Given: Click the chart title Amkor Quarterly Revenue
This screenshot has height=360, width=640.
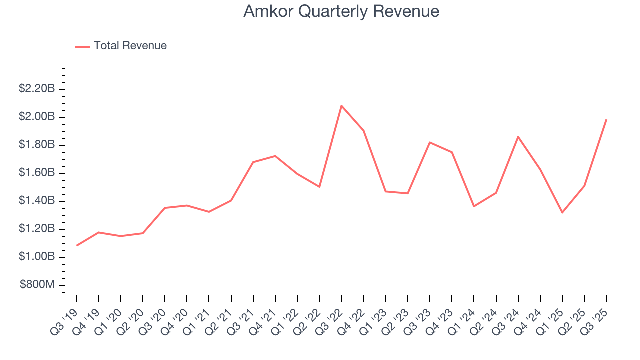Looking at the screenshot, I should (341, 11).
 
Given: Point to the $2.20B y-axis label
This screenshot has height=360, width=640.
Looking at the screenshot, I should (36, 89).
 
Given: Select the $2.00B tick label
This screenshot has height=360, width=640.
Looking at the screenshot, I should (36, 117).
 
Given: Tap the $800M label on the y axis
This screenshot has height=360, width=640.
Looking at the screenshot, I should (37, 285).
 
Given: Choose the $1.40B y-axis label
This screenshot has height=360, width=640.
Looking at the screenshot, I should (36, 201).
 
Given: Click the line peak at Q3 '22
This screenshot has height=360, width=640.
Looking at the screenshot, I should (341, 105).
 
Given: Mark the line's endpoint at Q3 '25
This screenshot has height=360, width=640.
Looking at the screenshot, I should (606, 120).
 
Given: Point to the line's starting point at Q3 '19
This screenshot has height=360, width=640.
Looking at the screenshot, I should (76, 246).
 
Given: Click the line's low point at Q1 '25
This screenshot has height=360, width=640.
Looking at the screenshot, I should (562, 213).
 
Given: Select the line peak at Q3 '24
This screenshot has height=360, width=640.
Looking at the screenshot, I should (518, 136).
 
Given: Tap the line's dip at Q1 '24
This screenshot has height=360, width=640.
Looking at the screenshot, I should (474, 206).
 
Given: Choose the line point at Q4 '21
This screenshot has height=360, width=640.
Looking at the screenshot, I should (275, 156).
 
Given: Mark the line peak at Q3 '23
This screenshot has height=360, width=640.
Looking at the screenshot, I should (430, 142).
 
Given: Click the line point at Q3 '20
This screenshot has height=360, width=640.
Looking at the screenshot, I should (165, 208).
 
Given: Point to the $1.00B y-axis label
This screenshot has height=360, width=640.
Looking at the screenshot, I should (36, 257).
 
